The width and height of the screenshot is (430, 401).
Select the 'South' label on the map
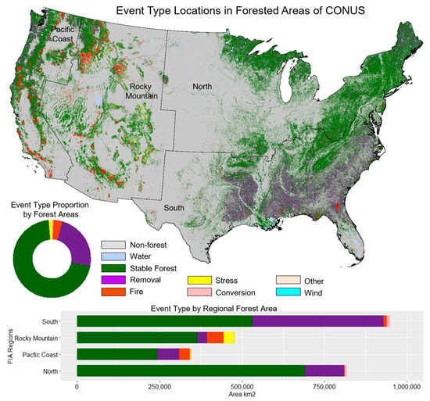(175, 209)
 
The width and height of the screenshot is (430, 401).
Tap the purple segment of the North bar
(324, 371)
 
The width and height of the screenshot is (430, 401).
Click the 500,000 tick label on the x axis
(242, 386)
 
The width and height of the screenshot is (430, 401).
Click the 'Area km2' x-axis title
(242, 395)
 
